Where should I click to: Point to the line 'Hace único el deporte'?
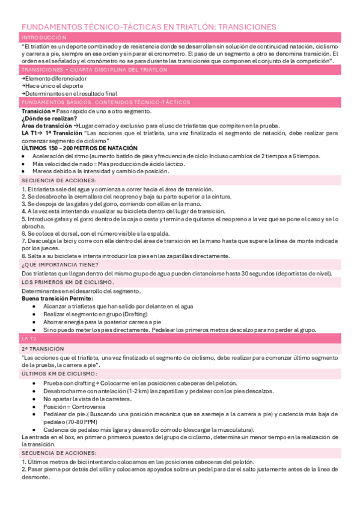53,86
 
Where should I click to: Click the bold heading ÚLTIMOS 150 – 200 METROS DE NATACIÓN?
79,148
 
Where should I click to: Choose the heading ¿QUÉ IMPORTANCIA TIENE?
60,265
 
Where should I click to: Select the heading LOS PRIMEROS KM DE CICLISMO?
67,282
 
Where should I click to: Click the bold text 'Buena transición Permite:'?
57,298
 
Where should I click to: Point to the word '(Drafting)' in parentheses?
139,314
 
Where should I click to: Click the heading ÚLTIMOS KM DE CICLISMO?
55,373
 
